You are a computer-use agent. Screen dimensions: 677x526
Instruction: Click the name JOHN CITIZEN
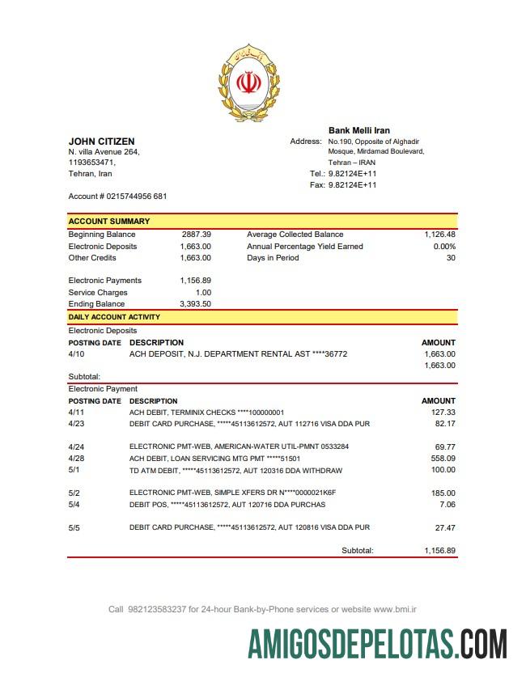pos(101,142)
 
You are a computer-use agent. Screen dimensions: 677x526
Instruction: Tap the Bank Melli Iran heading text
pos(358,130)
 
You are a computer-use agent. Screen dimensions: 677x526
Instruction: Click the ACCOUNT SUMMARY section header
pos(108,221)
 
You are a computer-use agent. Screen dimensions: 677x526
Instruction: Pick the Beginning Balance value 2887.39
pos(196,235)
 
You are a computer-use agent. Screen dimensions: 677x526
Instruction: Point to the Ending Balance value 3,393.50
pos(195,304)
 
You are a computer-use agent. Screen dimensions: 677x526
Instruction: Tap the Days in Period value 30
pos(451,258)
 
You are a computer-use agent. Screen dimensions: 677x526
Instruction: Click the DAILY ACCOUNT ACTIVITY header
pos(114,317)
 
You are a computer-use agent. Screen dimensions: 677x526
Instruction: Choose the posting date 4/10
pos(76,354)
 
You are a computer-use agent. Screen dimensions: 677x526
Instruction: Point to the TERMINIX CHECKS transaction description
pos(206,413)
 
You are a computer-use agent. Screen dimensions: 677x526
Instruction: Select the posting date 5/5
pos(75,527)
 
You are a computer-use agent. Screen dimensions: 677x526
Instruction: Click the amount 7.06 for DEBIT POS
pos(447,505)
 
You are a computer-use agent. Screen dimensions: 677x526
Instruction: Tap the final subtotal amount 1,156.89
pos(439,551)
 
